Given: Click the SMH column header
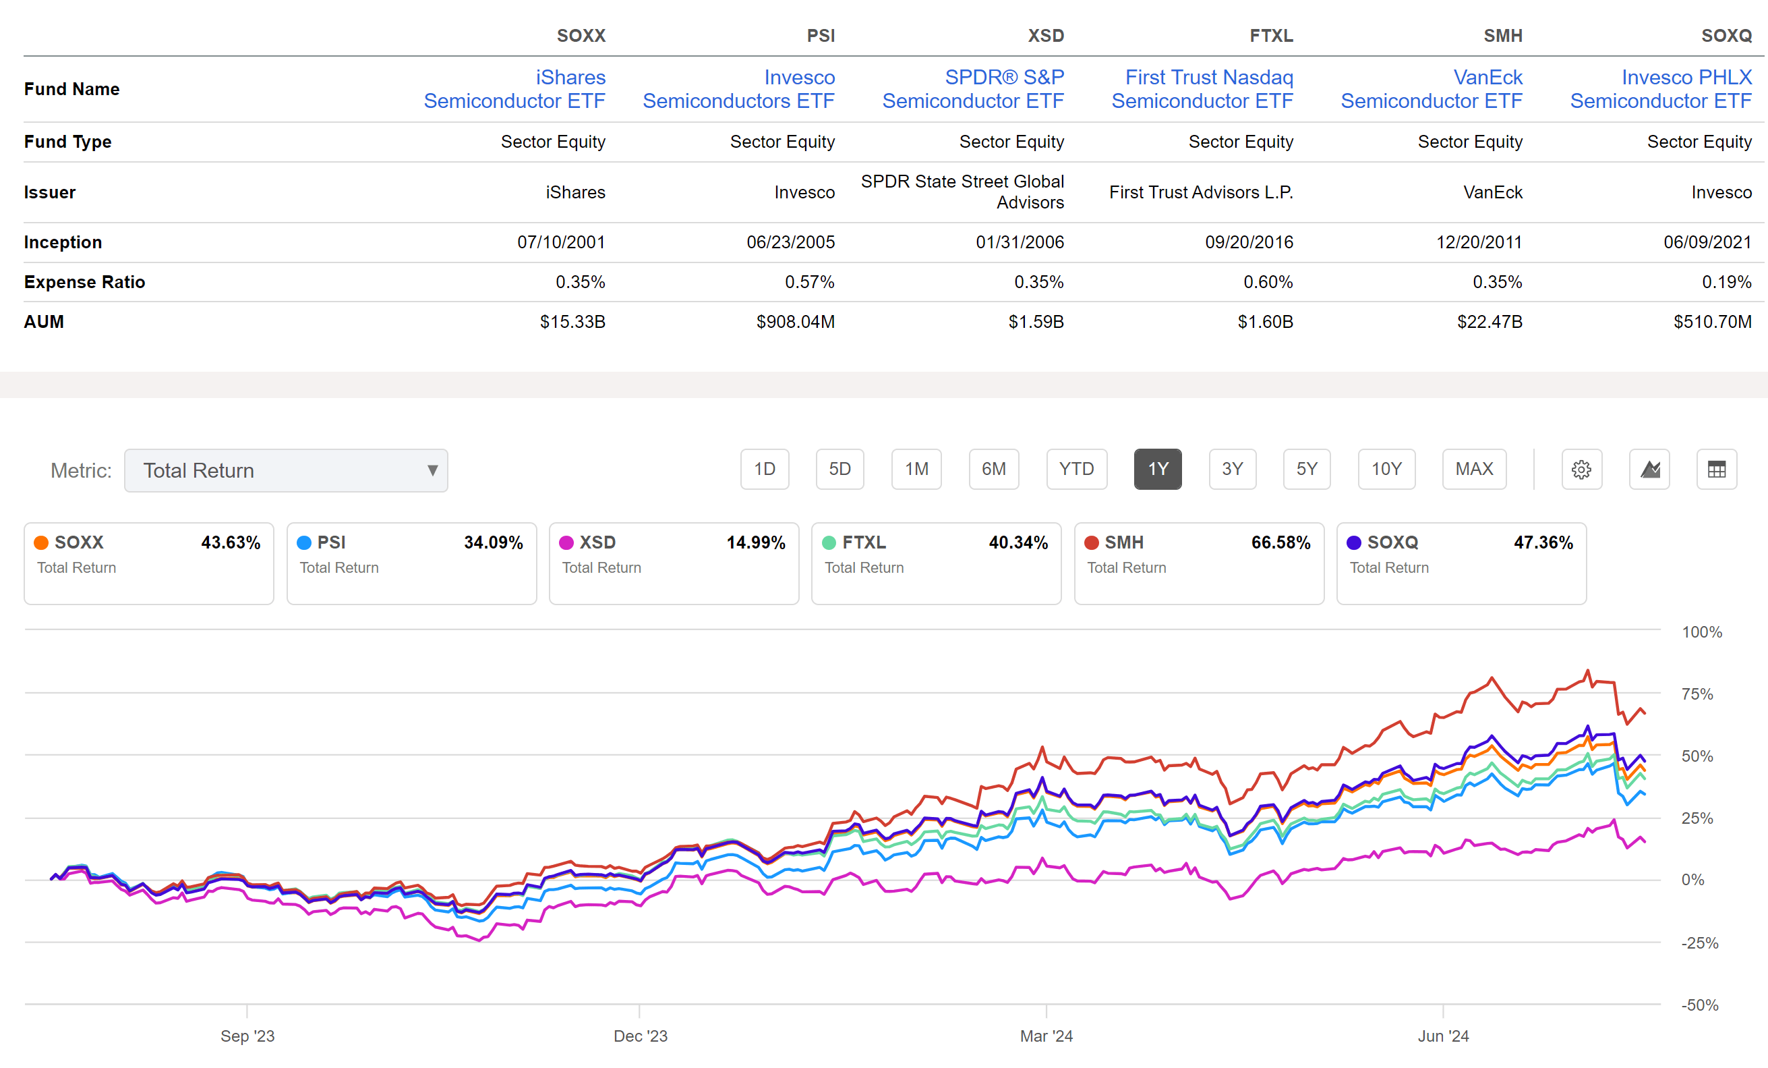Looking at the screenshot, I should tap(1502, 35).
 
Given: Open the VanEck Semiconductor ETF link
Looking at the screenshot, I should tap(1432, 89).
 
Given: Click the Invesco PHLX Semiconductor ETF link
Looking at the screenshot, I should tap(1660, 89).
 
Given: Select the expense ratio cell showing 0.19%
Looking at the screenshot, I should tap(1726, 282).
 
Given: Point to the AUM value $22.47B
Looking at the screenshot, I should tap(1490, 322).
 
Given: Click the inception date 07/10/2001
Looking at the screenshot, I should tap(561, 242).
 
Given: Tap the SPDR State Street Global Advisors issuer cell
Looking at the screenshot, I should tap(962, 192).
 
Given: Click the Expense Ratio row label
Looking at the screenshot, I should tap(85, 282).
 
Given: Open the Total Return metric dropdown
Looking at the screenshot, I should tap(286, 470).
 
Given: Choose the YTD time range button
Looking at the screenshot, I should tap(1076, 470).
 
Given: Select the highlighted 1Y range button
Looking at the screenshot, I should tap(1157, 470).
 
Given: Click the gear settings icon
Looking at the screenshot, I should tap(1581, 470).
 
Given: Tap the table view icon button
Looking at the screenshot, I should tap(1716, 470).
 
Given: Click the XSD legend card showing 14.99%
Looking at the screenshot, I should tap(673, 563).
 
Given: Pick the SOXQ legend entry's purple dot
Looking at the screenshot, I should tap(1353, 542).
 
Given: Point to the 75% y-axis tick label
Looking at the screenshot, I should tap(1697, 694).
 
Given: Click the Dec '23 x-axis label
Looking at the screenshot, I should tap(640, 1036).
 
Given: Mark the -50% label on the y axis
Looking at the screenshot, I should tap(1699, 1005).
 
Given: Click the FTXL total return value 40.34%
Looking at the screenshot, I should tap(1018, 542).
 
